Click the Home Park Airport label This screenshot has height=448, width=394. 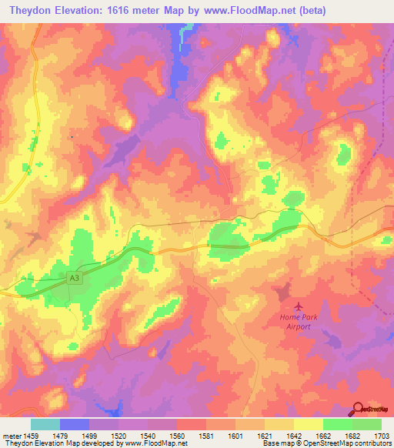[295, 322]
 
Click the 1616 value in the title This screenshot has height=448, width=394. [133, 11]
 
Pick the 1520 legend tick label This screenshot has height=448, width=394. [119, 436]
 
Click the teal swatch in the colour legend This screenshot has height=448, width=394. [45, 424]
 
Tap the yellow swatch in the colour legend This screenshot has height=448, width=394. [309, 424]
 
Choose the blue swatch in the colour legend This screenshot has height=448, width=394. [75, 424]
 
